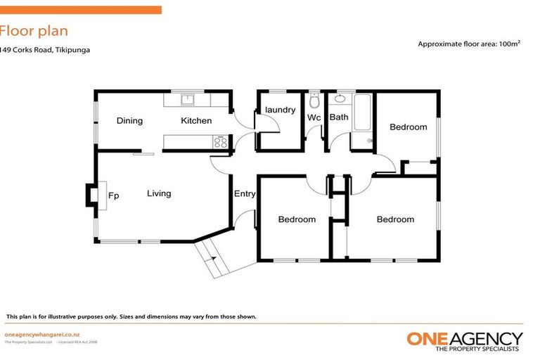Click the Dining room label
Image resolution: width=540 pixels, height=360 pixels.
(x=129, y=121)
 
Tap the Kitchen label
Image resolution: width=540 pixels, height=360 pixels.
(x=196, y=121)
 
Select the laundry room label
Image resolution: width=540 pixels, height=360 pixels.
(x=279, y=110)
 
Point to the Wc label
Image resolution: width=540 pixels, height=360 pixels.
(x=314, y=117)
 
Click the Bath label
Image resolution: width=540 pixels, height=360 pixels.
(x=339, y=117)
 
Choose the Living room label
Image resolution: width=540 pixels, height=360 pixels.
(x=159, y=193)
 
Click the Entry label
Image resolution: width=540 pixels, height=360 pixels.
(x=245, y=194)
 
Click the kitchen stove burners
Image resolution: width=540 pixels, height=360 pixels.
(x=221, y=143)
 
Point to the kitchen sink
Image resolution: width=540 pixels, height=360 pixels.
(x=188, y=99)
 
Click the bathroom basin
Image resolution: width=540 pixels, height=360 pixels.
(x=340, y=99)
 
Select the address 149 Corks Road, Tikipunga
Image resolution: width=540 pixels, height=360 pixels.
(x=45, y=50)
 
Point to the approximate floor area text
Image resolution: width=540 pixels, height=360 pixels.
(x=470, y=44)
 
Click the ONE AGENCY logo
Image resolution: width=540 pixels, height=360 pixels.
(x=465, y=340)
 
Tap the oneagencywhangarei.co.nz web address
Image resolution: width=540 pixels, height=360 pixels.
(x=40, y=334)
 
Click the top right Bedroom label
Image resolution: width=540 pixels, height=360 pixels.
(x=408, y=127)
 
